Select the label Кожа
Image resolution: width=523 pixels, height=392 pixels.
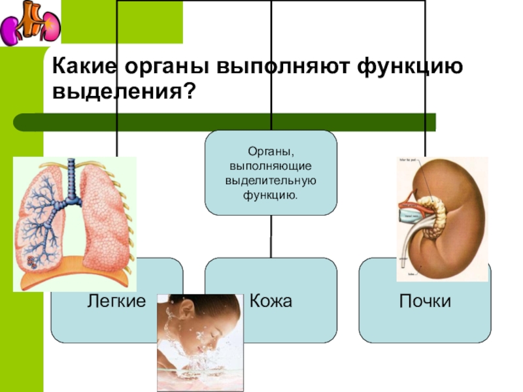tap(270, 301)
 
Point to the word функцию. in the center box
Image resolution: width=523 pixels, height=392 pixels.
tap(271, 194)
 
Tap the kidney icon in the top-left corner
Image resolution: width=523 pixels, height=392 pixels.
tap(30, 24)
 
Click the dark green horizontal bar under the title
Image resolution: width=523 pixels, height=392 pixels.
tap(222, 122)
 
